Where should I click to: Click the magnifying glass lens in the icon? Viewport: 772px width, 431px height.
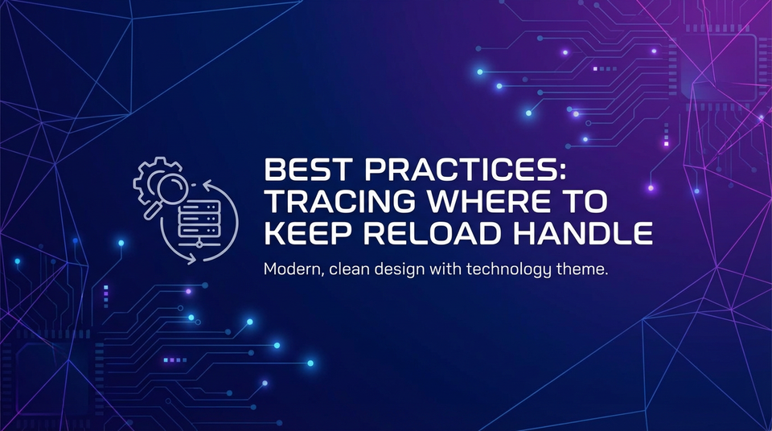[x=166, y=183]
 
